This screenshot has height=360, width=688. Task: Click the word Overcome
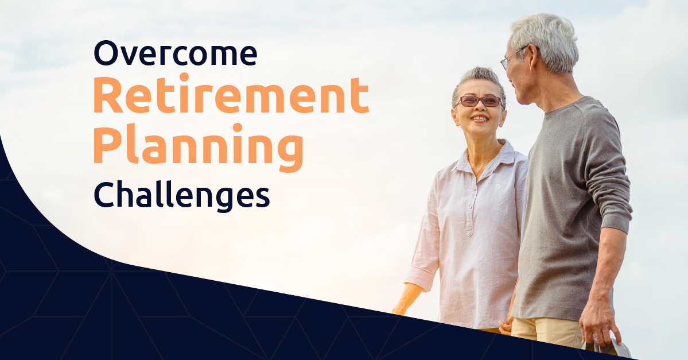pyautogui.click(x=176, y=53)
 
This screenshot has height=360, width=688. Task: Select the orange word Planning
pyautogui.click(x=199, y=146)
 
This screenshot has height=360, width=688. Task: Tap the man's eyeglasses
pyautogui.click(x=514, y=57)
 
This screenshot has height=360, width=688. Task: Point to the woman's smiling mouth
pyautogui.click(x=479, y=118)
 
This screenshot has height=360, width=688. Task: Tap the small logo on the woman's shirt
pyautogui.click(x=498, y=186)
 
